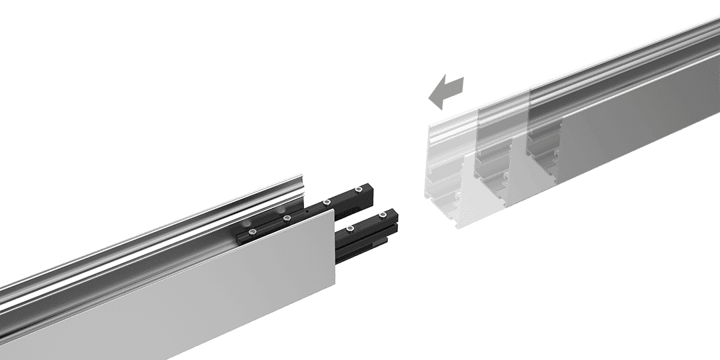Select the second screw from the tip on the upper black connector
click(x=327, y=201)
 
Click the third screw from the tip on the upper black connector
click(x=287, y=217)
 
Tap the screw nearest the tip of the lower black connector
click(x=382, y=215)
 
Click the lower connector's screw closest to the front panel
click(x=351, y=229)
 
